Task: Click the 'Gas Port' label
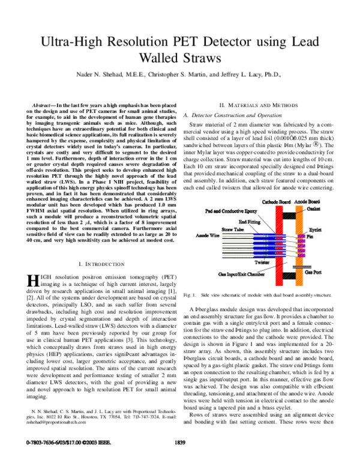[316, 272]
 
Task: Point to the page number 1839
[180, 459]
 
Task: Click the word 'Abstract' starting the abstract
[47, 104]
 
